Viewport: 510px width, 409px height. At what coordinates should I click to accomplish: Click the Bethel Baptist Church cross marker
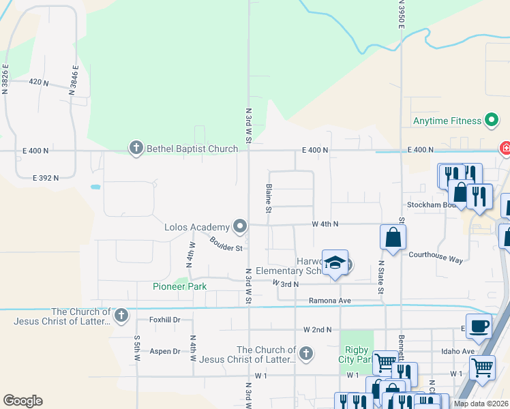(136, 148)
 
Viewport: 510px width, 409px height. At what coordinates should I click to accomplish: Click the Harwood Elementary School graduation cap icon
(335, 263)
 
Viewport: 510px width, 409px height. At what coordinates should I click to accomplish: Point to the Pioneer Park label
(179, 286)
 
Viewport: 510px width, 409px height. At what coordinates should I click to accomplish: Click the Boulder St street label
(226, 244)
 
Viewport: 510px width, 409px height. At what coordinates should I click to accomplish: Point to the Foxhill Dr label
(164, 319)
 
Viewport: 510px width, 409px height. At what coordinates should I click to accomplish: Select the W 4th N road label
(325, 224)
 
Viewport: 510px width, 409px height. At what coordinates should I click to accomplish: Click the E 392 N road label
(45, 177)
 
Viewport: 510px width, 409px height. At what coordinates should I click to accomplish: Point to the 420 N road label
(39, 82)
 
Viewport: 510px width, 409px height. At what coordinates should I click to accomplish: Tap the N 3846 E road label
(74, 78)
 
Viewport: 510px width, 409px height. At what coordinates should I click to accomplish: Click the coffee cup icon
(478, 326)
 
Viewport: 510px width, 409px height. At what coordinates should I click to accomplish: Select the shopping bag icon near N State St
(393, 237)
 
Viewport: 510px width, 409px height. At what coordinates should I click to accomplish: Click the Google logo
(22, 401)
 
